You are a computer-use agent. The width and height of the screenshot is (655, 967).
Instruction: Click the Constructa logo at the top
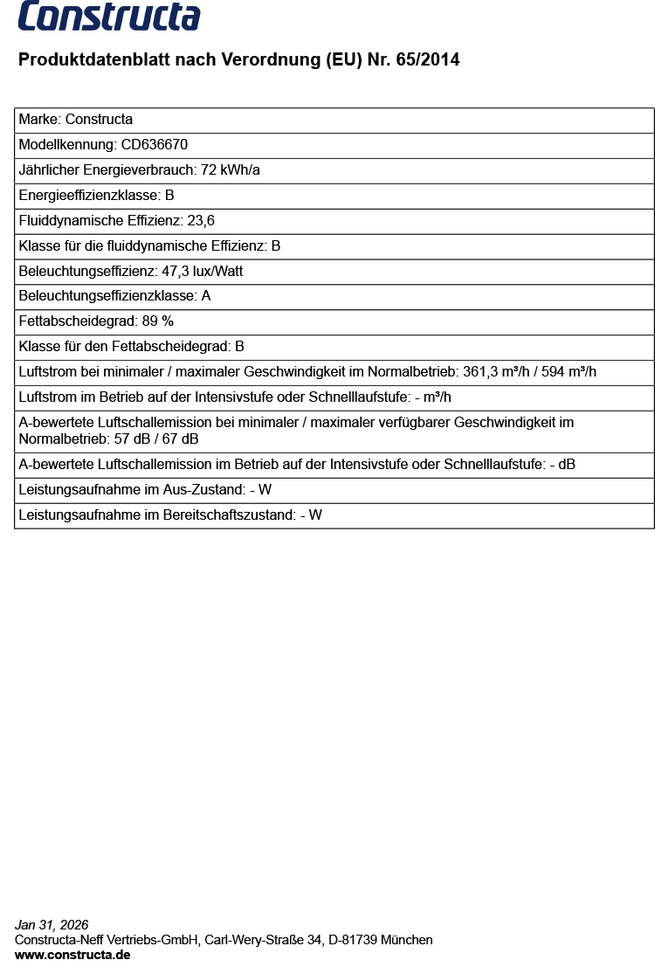pyautogui.click(x=109, y=16)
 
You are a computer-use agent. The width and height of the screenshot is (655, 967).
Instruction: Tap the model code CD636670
pyautogui.click(x=155, y=145)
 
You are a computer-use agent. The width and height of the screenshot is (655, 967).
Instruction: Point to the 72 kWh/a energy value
pyautogui.click(x=231, y=170)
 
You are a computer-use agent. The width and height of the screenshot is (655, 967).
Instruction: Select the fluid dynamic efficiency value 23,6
pyautogui.click(x=201, y=221)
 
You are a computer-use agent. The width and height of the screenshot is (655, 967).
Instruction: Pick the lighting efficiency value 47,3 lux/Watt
pyautogui.click(x=203, y=272)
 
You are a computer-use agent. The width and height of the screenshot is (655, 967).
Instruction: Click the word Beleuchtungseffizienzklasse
pyautogui.click(x=107, y=296)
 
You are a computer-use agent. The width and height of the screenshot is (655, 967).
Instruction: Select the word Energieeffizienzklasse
pyautogui.click(x=88, y=196)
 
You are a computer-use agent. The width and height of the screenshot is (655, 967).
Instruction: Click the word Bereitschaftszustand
pyautogui.click(x=227, y=515)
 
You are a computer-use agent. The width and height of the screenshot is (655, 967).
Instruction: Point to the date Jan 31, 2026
pyautogui.click(x=52, y=925)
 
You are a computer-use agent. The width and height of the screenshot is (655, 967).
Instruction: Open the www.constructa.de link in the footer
pyautogui.click(x=72, y=955)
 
